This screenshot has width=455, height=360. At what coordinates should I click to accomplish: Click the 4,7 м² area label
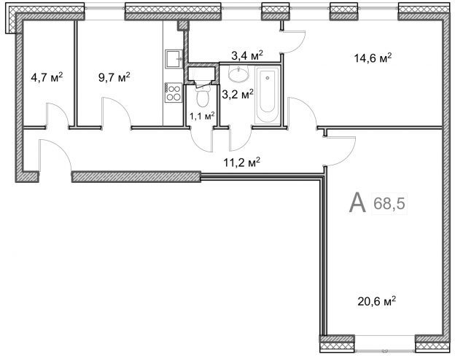tap(47, 78)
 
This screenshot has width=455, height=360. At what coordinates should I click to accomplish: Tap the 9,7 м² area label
tap(114, 77)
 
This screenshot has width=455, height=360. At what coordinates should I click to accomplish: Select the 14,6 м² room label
tap(373, 58)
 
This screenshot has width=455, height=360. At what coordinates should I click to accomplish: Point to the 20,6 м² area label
tap(377, 301)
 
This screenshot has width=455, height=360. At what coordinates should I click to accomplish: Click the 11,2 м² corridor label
tap(241, 163)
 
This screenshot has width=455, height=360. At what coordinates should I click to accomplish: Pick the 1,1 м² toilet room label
tap(202, 117)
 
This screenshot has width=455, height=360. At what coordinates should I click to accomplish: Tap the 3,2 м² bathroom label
tap(238, 94)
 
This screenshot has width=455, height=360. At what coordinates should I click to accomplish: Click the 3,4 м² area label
tap(247, 55)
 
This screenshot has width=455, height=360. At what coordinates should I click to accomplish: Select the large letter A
tap(357, 203)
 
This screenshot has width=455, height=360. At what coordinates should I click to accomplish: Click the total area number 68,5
tap(389, 203)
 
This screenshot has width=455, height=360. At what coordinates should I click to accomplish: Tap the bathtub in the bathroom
tap(268, 95)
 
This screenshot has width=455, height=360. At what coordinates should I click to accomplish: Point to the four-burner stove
tap(174, 93)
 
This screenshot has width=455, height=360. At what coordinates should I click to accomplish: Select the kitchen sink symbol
tap(174, 59)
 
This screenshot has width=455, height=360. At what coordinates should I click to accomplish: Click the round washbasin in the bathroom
tap(238, 73)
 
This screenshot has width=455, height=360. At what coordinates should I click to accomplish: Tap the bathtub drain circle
tap(268, 78)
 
